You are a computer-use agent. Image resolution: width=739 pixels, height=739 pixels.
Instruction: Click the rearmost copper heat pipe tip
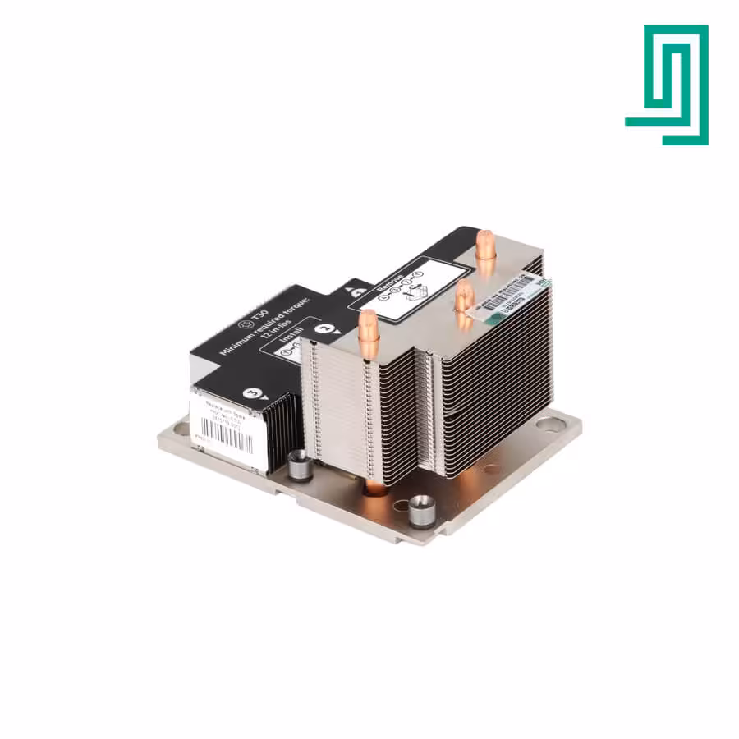click(x=484, y=243)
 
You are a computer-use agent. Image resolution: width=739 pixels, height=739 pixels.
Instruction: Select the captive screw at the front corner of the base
click(x=421, y=509)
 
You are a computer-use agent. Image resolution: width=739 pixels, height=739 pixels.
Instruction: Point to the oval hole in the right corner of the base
click(x=550, y=425)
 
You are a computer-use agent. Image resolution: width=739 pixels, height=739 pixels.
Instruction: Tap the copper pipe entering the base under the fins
click(x=374, y=487)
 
